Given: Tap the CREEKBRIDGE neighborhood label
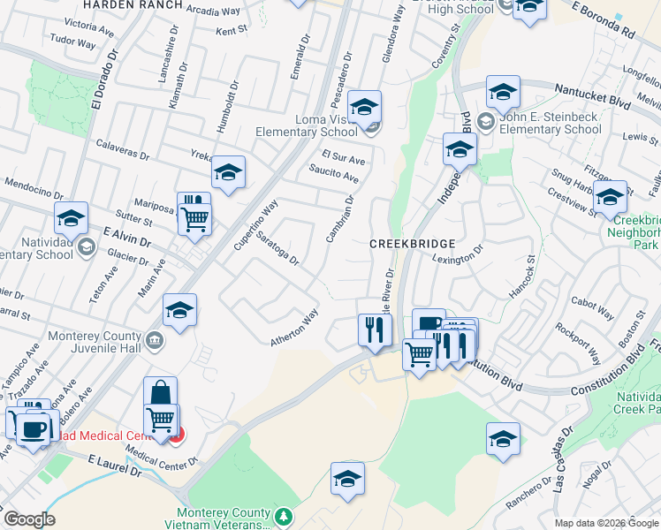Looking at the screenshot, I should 412,243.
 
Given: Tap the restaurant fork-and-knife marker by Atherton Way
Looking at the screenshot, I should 375,329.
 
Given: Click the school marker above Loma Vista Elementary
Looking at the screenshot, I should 364,107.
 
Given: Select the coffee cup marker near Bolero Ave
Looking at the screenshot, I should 34,429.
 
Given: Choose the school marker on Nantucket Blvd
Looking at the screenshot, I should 502,92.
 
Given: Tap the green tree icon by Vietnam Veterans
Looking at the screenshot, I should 284,515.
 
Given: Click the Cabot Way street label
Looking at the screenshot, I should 593,308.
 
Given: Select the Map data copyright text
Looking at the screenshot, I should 608,523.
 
